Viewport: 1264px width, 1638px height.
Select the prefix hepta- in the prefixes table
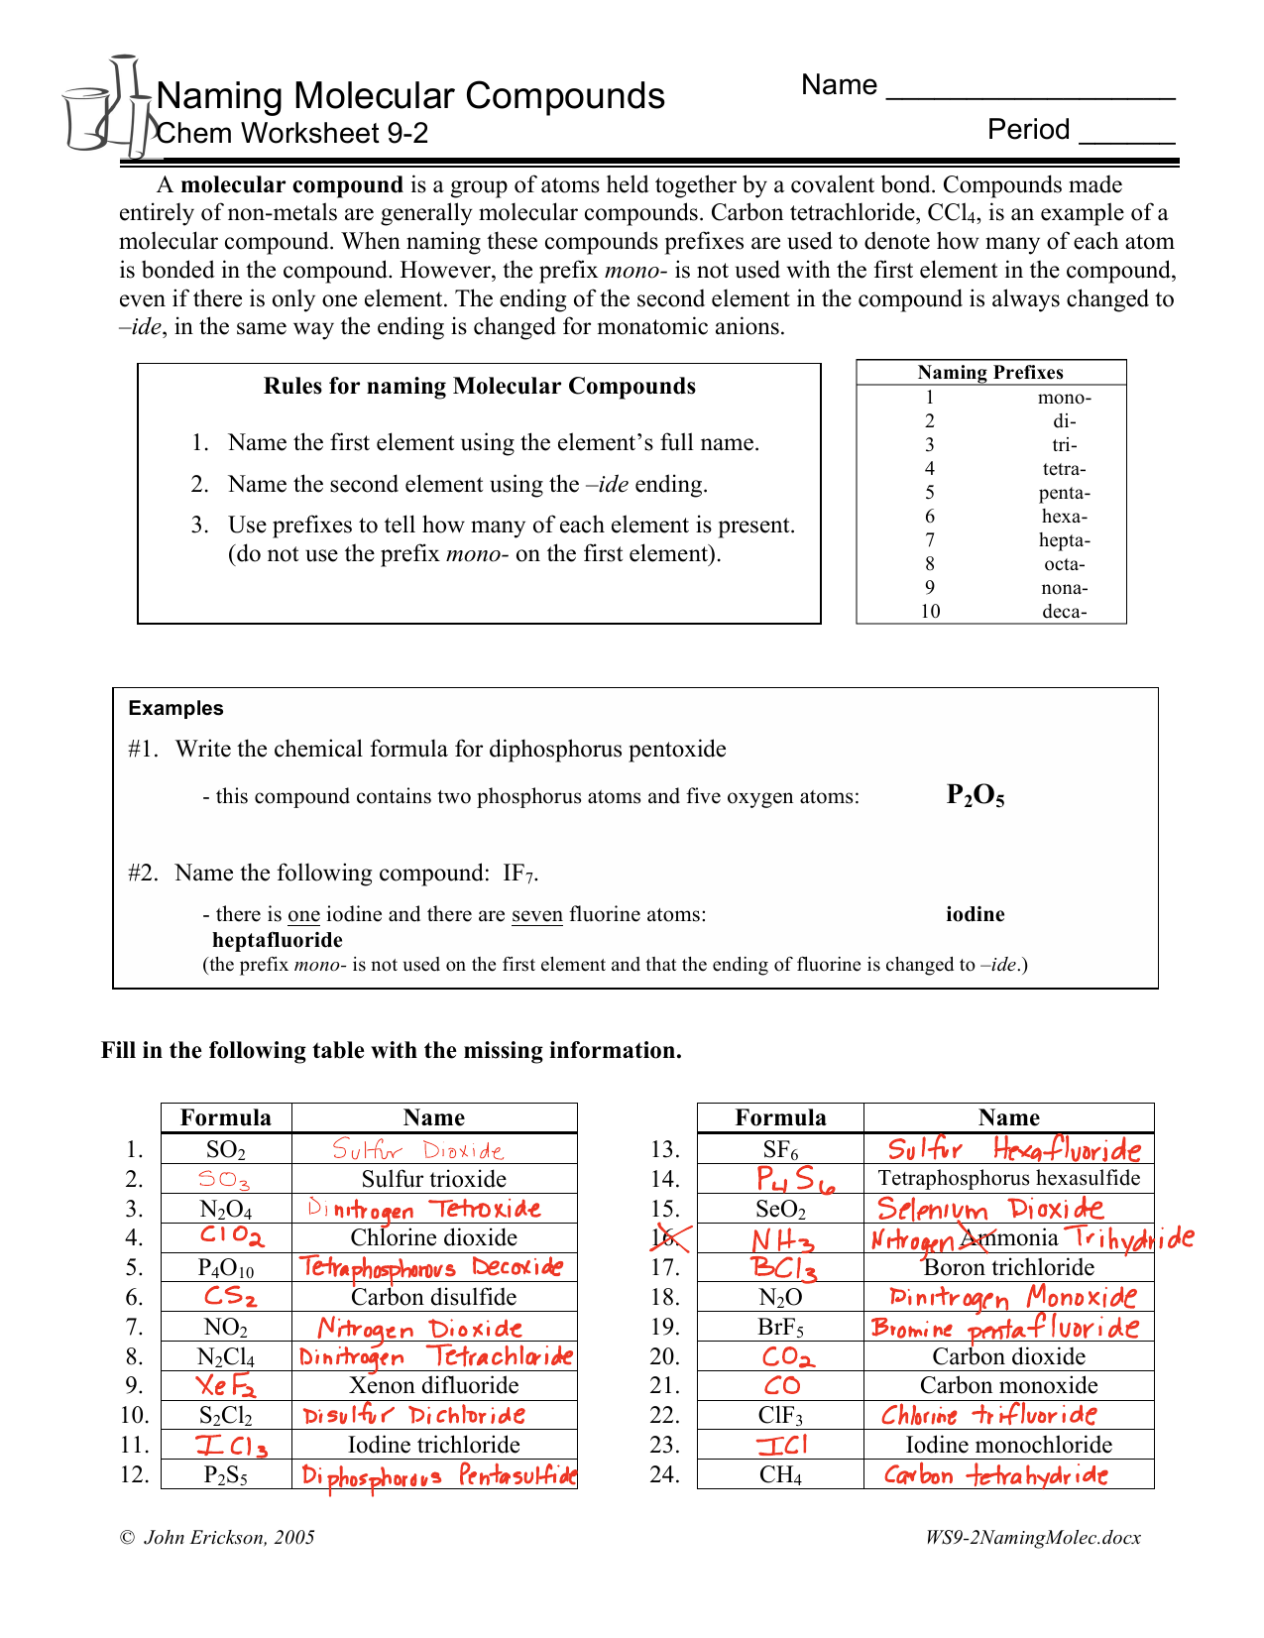pos(1064,540)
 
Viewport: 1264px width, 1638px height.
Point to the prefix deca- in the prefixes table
pos(1064,612)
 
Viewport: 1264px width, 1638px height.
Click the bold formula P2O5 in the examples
pos(976,795)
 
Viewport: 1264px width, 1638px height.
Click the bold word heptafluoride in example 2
pos(278,940)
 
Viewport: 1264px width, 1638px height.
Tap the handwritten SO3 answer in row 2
pos(224,1180)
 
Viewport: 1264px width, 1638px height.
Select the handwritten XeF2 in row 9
pos(226,1386)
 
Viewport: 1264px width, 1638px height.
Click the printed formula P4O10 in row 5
pos(226,1268)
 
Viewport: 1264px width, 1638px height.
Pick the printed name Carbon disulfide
pos(433,1297)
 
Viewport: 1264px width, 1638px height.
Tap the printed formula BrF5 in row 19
pos(780,1328)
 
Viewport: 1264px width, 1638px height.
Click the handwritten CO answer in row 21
pos(782,1386)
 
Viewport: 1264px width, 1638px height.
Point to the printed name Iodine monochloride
pos(1008,1445)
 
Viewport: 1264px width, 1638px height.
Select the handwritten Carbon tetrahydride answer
pos(995,1475)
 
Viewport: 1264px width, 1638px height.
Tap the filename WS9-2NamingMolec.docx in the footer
pos(1032,1538)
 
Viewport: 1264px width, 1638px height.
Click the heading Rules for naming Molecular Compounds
pos(479,387)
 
